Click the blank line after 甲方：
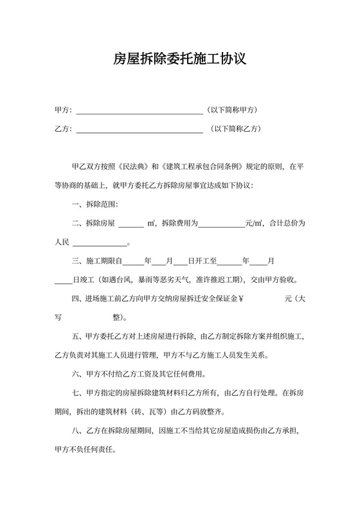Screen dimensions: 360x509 139,111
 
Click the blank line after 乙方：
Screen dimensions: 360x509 139,129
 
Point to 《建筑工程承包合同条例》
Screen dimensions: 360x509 201,166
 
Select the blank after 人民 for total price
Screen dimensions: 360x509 100,244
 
